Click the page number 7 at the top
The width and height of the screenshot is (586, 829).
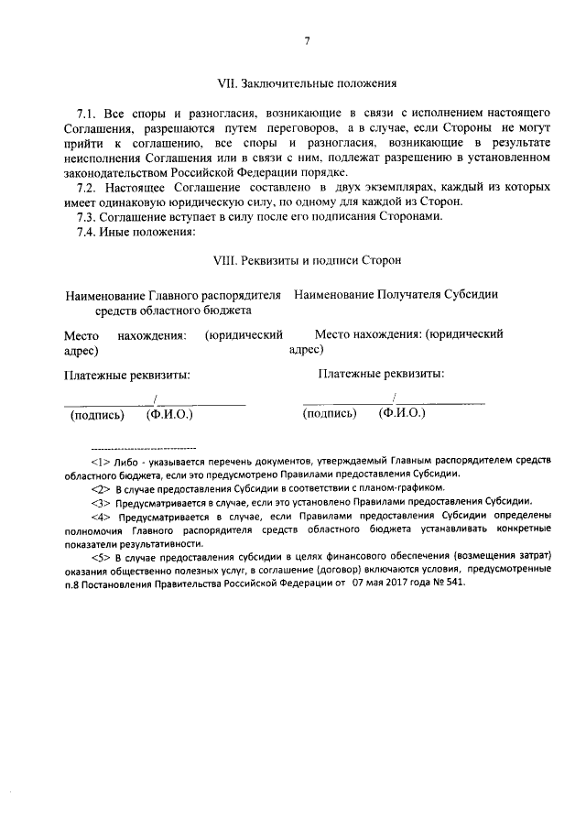[307, 40]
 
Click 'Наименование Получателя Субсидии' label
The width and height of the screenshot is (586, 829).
[396, 296]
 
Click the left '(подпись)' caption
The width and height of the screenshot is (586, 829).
[97, 414]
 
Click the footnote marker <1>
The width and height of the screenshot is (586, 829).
[101, 462]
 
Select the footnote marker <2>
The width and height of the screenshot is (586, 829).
[101, 488]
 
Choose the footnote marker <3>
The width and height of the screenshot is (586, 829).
[101, 502]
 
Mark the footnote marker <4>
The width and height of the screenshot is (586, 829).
[101, 516]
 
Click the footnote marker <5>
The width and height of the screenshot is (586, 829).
[101, 557]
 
